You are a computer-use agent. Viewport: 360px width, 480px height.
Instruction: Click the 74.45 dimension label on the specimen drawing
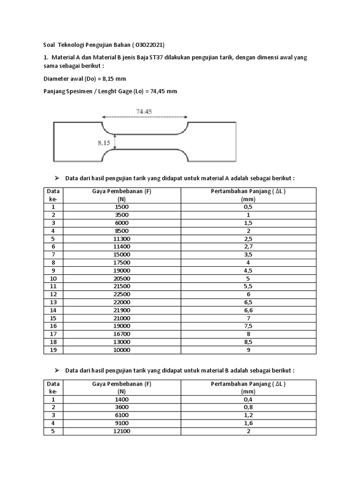click(x=144, y=112)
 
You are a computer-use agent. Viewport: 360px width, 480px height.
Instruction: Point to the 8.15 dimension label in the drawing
click(x=104, y=143)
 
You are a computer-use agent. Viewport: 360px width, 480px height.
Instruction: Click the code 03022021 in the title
click(x=149, y=45)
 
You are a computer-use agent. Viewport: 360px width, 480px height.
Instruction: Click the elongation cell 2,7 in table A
click(x=248, y=246)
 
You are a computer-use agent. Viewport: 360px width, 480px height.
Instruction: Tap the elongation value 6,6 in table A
click(x=248, y=310)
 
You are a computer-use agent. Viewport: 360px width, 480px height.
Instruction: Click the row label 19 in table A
click(x=53, y=350)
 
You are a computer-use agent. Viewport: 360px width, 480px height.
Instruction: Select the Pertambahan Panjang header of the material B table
click(x=248, y=384)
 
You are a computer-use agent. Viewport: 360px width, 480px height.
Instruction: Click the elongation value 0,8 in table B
click(x=248, y=407)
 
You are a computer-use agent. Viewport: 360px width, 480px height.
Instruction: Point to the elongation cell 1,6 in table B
click(x=248, y=423)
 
